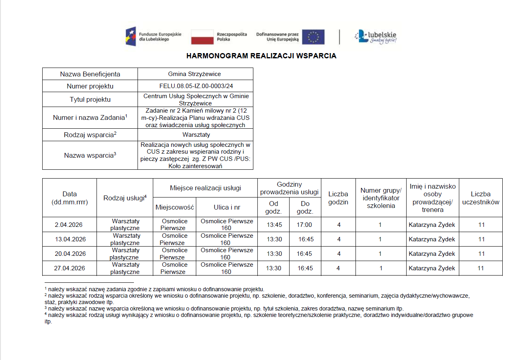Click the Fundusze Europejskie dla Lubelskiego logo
pos(153,37)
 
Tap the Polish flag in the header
pos(202,37)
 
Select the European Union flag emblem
pos(313,37)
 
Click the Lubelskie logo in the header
pos(376,37)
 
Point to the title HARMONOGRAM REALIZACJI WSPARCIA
pos(261,56)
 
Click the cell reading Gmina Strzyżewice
pos(195,74)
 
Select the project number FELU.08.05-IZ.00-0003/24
pos(195,86)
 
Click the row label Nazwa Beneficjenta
pos(90,74)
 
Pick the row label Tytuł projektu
pos(90,99)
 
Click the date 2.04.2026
pos(69,225)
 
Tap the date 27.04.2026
pos(70,268)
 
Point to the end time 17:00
pos(304,225)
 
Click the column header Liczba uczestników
pos(481,198)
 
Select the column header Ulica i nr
pos(227,208)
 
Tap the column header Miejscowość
pos(175,208)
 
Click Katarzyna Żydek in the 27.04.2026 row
pos(432,268)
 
